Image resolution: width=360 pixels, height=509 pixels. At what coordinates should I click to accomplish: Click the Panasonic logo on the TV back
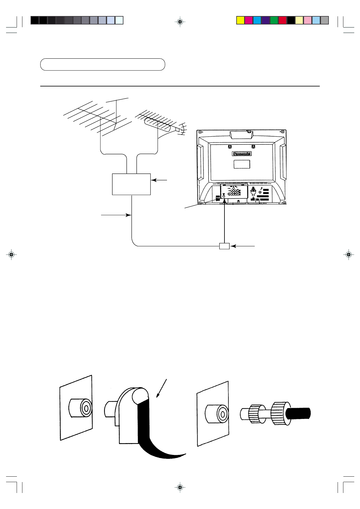coord(242,154)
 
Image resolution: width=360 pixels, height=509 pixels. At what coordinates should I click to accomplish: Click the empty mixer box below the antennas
coord(131,184)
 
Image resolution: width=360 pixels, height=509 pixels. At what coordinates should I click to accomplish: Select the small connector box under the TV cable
coord(224,246)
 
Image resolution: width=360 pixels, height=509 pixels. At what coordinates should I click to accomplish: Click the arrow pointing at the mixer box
coord(159,180)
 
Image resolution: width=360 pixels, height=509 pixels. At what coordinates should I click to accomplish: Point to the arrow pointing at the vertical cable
coord(116,215)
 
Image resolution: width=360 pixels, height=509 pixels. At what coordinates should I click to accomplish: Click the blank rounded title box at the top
coord(103,64)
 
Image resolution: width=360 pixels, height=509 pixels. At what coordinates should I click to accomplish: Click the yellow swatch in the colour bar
coord(241,20)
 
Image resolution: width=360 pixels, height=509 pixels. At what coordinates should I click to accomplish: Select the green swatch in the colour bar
coord(274,20)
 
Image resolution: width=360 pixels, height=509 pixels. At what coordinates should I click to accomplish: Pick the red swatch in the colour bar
coord(283,20)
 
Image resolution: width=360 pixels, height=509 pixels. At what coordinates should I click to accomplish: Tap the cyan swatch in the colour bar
coord(257,20)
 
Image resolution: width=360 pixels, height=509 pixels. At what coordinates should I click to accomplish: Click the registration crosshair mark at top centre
coord(180,22)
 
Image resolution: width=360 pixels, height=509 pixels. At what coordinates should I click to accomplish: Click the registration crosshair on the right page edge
coord(349,255)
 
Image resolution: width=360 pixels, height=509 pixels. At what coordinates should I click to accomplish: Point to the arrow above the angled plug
coord(161,388)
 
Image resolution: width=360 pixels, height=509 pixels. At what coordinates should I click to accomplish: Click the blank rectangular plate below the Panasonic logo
coord(242,164)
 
